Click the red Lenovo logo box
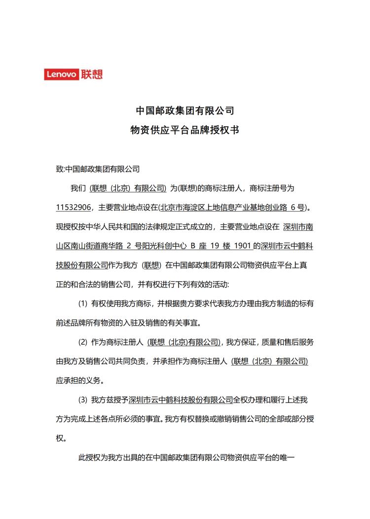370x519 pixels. [x=61, y=74]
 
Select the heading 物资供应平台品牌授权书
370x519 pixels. [x=185, y=130]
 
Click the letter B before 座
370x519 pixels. [x=193, y=246]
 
